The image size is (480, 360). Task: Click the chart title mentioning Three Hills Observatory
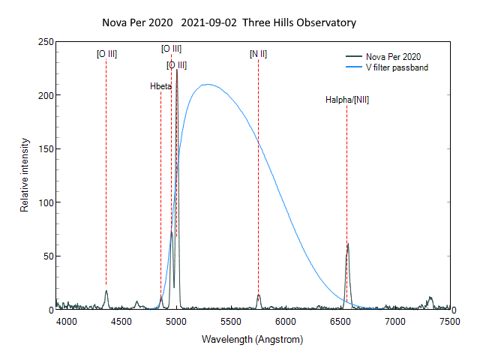[x=229, y=22]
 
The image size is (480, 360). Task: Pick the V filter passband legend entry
[x=396, y=67]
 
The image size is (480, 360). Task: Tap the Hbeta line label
[x=161, y=86]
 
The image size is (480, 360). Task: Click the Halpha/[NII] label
[x=346, y=100]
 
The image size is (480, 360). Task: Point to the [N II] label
[x=258, y=54]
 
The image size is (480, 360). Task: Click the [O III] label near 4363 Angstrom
[x=106, y=54]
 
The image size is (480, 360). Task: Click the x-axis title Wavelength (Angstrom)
[x=252, y=340]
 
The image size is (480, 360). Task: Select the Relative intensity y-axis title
[x=25, y=175]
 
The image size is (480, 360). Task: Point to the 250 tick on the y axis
[x=44, y=42]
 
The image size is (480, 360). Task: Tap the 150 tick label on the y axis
[x=44, y=149]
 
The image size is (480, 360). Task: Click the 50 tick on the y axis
[x=47, y=256]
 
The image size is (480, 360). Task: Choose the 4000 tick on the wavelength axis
[x=67, y=320]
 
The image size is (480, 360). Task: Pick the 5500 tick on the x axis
[x=231, y=320]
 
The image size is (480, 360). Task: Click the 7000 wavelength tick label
[x=394, y=320]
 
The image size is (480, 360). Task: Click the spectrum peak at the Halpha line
[x=347, y=244]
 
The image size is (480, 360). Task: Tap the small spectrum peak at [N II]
[x=259, y=295]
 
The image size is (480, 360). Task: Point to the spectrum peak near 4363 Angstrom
[x=106, y=291]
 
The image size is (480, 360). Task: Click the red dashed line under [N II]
[x=258, y=180]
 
